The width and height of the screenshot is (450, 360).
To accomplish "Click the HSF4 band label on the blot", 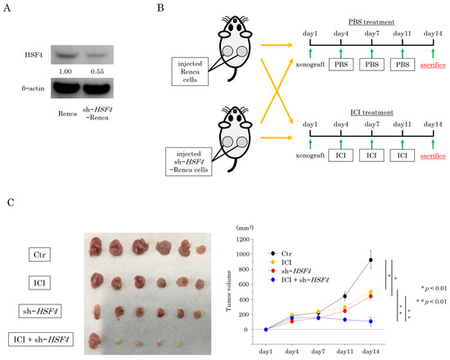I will tap(32, 54).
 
